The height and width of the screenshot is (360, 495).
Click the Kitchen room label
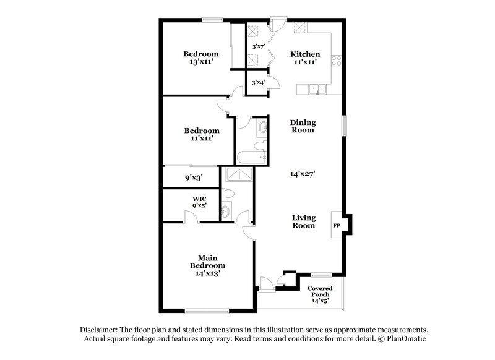coord(305,54)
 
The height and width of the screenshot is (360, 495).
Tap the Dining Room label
coord(303,126)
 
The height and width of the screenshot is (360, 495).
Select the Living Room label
coord(304,221)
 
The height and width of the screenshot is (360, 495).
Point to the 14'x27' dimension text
coord(303,174)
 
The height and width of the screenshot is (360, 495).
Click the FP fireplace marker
coord(337,225)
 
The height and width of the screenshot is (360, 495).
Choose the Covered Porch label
coord(320,291)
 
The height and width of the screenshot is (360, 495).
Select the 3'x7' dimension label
coord(258,46)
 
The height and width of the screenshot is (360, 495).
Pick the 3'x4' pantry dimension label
coord(257,82)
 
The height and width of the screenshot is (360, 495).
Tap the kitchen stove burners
coord(337,61)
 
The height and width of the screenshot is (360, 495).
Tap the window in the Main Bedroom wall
coord(203,310)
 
